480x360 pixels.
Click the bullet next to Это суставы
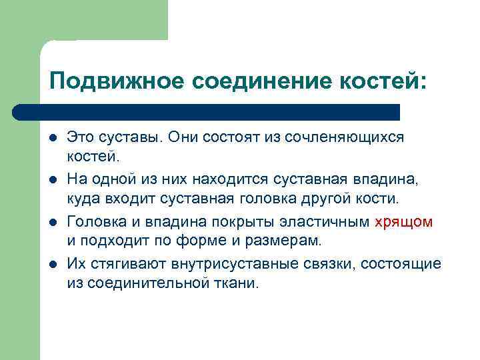pyautogui.click(x=53, y=137)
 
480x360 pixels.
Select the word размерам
pyautogui.click(x=283, y=239)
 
